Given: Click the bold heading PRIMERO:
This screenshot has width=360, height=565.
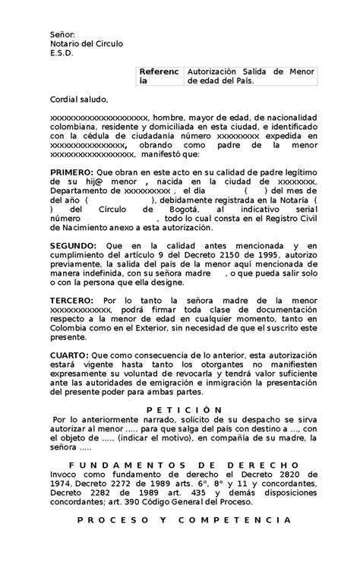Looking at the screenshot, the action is coord(71,172).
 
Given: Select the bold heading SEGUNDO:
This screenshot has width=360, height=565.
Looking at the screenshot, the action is coord(73,246).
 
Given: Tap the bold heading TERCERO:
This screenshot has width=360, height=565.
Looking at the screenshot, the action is coord(71,301).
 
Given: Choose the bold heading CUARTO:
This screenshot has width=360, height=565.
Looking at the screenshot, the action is coord(68,356).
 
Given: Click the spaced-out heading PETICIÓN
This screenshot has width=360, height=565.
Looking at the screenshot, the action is coord(179,409).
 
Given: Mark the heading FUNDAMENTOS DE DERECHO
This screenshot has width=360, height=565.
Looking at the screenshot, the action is coord(179,464).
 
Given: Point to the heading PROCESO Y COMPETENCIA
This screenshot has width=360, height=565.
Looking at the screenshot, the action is coord(179,520).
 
